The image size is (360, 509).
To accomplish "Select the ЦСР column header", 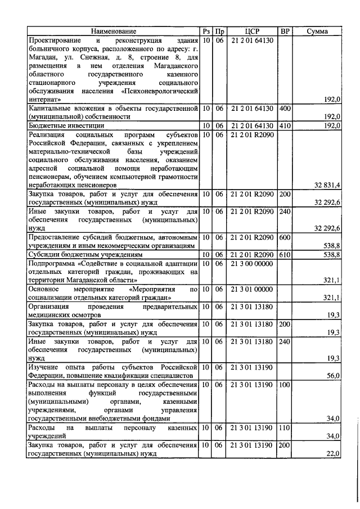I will [x=251, y=31].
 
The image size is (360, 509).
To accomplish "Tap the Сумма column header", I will [x=317, y=31].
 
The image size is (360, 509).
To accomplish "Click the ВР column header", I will [x=285, y=31].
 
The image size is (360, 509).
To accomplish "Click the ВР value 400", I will [x=285, y=108].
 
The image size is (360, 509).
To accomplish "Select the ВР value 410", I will [x=285, y=126].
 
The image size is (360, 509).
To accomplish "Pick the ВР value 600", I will [x=285, y=237].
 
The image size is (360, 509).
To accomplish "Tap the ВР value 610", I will [x=285, y=255].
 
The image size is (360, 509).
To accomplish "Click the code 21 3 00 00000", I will [x=251, y=263].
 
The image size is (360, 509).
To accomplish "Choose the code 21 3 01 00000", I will [x=251, y=289].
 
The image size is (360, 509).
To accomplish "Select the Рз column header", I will [x=206, y=31].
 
